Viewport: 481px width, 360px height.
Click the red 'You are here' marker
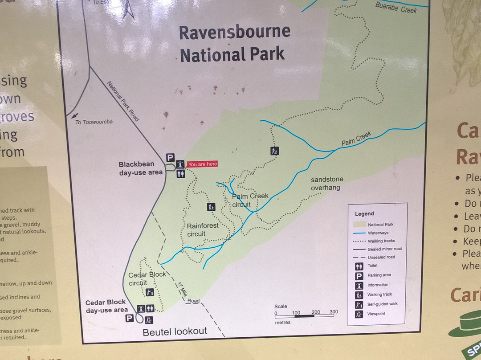202,164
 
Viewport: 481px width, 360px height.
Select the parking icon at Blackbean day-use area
170,157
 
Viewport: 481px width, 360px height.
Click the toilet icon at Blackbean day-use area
180,174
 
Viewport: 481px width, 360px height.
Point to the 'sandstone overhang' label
327,184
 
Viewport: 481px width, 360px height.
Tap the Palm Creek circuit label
249,200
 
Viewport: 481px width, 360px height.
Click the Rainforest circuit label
203,229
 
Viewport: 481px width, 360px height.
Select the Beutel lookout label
175,331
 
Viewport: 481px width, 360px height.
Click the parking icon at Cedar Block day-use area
129,318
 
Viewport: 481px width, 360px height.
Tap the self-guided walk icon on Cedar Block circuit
150,292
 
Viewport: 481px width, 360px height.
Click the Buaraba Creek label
396,7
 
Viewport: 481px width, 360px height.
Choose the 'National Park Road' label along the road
122,101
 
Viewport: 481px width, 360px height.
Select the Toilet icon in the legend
359,266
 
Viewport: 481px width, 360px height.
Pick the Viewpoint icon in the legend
359,314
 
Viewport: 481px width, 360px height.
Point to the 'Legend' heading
364,214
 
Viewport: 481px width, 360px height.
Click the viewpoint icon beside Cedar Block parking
149,320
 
